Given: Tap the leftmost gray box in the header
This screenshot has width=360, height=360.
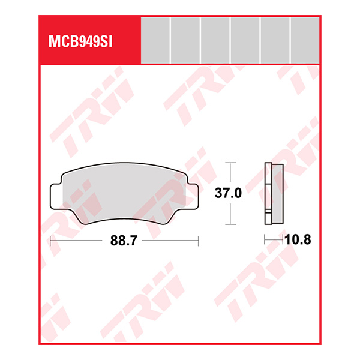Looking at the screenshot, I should [155, 40].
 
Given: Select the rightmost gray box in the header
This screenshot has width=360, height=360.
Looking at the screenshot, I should [305, 40].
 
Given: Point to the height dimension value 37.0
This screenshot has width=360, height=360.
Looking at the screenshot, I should [228, 194].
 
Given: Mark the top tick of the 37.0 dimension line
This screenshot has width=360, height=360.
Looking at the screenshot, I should [228, 163].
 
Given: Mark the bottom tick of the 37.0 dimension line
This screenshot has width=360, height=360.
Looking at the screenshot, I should [228, 224].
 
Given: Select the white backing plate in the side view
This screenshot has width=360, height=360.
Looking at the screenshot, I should [268, 193].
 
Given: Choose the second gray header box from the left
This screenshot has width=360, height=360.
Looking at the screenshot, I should [185, 40].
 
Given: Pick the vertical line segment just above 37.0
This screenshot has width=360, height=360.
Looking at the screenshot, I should [228, 174].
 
